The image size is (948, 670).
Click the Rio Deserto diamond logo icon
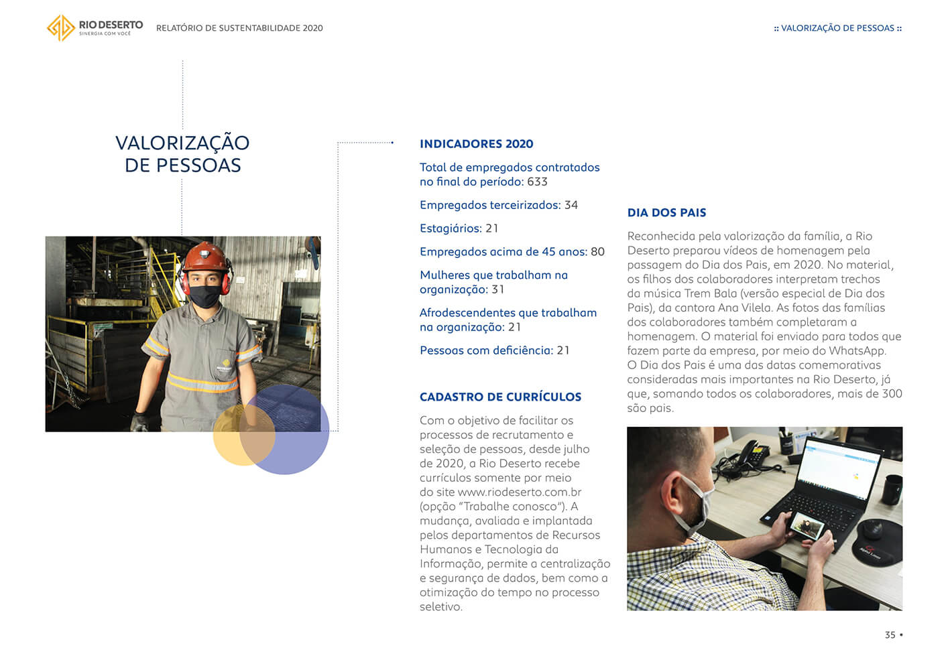coord(60,28)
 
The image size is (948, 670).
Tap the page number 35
coord(890,635)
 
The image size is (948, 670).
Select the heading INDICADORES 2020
coord(476,144)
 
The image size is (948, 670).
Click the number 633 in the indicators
coord(537,182)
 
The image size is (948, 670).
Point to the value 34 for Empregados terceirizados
coord(571,205)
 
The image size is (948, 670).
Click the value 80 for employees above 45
coord(597,252)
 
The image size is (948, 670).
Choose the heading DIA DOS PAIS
coord(666,213)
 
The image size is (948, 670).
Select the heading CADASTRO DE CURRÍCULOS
coord(500,397)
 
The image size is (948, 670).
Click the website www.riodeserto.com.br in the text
coord(519,492)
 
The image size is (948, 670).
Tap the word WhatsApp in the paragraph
coord(857,351)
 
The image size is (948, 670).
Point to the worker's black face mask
coord(204,295)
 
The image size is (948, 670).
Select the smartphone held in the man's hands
coord(807,527)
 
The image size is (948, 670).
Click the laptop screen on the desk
coord(842,469)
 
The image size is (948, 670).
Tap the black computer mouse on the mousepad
coord(873,530)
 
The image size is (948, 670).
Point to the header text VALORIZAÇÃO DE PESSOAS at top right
coord(837,28)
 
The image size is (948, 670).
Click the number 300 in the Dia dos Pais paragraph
coord(892,394)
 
